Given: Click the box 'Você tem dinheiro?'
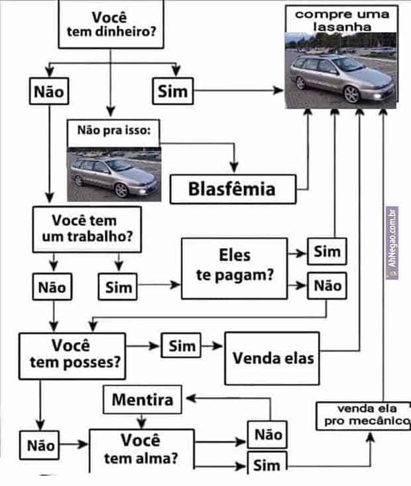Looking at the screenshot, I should [x=111, y=25].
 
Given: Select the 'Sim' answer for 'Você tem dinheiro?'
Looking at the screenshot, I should [x=172, y=91].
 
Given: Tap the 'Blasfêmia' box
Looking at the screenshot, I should [x=231, y=189].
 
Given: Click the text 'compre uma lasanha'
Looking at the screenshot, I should [x=342, y=20].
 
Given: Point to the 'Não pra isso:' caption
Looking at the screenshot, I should [x=114, y=131].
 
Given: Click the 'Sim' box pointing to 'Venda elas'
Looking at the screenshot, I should [x=182, y=345].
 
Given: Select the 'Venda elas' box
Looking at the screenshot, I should [x=273, y=358].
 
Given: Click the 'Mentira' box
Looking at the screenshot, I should [x=143, y=400].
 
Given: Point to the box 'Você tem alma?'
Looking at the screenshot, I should [x=141, y=450].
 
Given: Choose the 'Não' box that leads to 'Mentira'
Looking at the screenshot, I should [x=268, y=434].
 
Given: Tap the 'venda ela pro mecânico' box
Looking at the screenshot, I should [x=363, y=415].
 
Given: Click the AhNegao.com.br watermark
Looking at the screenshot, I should [x=392, y=241].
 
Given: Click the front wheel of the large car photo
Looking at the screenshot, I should [x=351, y=94].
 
